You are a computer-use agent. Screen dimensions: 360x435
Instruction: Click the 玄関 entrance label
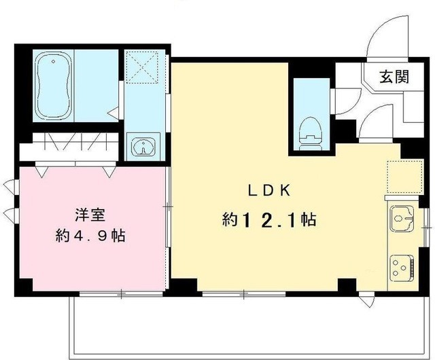click(394, 77)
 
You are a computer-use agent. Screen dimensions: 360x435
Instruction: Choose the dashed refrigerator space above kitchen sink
click(402, 177)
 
